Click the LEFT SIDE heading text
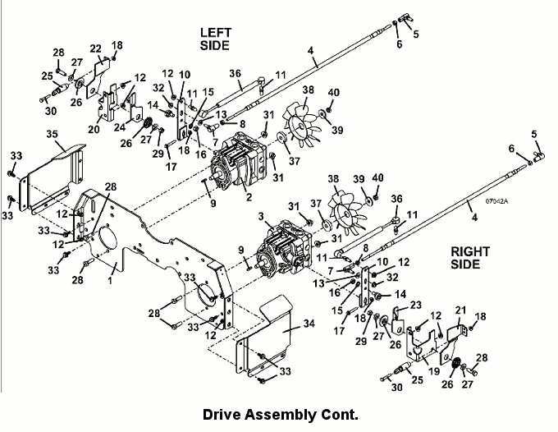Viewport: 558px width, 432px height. (x=215, y=39)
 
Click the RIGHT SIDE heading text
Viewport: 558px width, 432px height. (x=470, y=258)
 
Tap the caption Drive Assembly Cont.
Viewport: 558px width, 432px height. (x=281, y=415)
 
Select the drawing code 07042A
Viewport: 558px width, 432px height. (x=497, y=201)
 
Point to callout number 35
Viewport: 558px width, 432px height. (x=52, y=134)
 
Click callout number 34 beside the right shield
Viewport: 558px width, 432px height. (x=309, y=324)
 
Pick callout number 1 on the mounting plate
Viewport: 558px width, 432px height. (x=110, y=280)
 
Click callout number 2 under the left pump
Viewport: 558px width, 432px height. (x=249, y=196)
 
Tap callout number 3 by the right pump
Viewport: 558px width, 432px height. (x=261, y=216)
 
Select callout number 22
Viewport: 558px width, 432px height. (x=95, y=48)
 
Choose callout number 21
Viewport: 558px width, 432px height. (x=460, y=310)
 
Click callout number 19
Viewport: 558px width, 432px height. (x=434, y=371)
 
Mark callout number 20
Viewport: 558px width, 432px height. (x=94, y=129)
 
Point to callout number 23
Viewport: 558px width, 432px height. (x=415, y=305)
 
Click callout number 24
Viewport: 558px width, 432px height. (x=120, y=126)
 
